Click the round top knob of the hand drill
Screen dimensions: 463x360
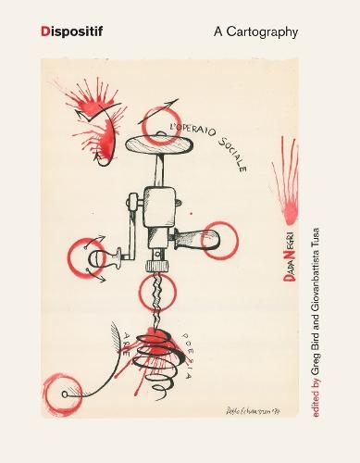(x=161, y=149)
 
